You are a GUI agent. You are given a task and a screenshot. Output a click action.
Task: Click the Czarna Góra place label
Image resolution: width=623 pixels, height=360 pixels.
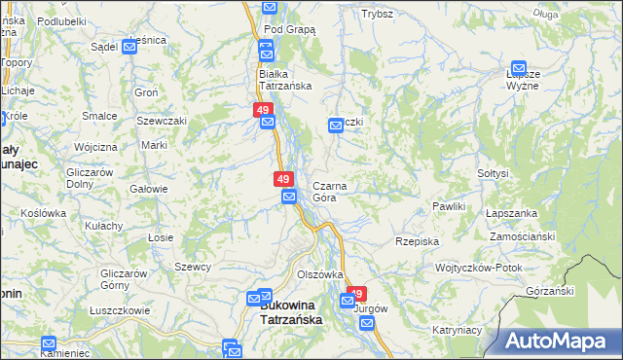[329, 191]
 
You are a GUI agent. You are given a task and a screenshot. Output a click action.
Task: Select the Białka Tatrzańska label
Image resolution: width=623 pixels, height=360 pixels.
[284, 79]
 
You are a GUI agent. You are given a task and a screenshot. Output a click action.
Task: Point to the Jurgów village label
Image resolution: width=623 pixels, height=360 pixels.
[371, 308]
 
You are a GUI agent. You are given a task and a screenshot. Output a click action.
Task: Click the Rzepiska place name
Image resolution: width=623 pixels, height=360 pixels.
[417, 240]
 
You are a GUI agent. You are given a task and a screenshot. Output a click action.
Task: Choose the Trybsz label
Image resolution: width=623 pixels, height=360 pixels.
[377, 14]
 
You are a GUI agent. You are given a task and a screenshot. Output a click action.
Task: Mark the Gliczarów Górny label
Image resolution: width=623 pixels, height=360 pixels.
[124, 279]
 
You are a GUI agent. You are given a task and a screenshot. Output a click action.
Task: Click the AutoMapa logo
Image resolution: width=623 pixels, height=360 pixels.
[561, 342]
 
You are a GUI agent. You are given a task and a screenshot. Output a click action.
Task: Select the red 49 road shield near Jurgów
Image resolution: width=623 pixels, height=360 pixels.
[356, 294]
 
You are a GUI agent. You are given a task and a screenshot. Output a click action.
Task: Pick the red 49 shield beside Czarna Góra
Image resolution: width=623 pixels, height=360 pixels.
[283, 179]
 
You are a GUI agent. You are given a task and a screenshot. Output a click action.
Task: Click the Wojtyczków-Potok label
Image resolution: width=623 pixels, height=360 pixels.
[479, 268]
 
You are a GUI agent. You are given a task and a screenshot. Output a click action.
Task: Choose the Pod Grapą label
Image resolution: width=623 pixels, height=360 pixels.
[289, 29]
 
